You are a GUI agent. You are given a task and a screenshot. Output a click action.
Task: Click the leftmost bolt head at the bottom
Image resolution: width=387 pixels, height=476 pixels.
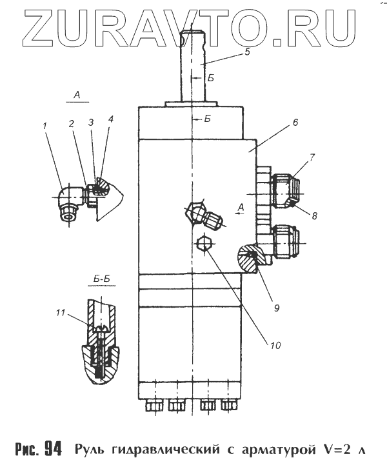pyautogui.click(x=153, y=406)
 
